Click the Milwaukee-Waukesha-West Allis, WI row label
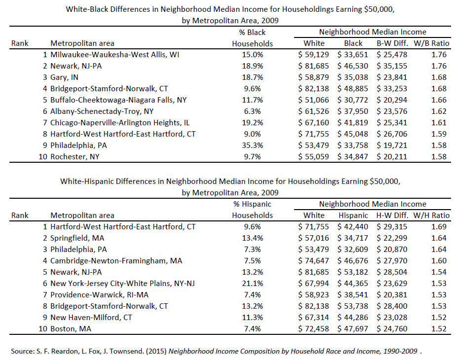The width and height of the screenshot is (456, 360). click(115, 55)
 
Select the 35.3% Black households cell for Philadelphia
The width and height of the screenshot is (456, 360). click(253, 145)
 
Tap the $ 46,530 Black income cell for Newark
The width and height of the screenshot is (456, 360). click(352, 66)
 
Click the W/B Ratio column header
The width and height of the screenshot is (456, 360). click(431, 43)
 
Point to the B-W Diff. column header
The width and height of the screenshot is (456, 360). click(392, 43)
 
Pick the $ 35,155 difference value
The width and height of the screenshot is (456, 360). click(392, 66)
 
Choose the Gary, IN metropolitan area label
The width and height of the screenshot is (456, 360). click(64, 77)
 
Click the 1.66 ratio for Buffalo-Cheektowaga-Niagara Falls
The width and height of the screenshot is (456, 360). click(439, 100)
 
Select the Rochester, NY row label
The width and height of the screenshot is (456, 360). click(75, 157)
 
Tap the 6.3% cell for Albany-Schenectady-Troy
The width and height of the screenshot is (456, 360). click(253, 111)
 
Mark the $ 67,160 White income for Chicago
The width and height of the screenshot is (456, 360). click(313, 123)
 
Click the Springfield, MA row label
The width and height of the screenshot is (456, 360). click(77, 238)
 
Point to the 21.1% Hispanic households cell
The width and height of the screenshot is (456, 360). click(253, 283)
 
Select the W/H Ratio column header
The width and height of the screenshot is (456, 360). click(431, 216)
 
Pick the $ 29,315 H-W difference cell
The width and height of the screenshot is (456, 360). click(392, 227)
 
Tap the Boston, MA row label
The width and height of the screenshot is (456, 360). click(71, 328)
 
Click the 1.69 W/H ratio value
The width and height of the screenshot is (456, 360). click(439, 227)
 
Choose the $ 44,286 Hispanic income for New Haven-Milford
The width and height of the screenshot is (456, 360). click(352, 317)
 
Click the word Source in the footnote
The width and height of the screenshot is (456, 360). click(22, 351)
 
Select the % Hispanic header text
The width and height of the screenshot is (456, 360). click(252, 204)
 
